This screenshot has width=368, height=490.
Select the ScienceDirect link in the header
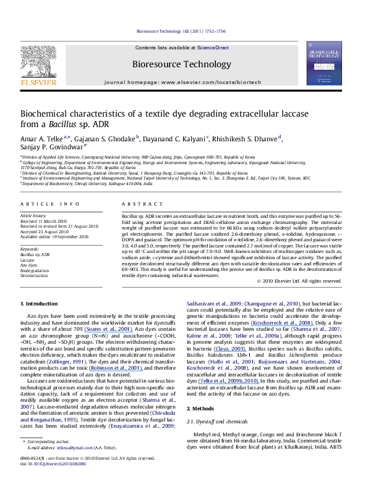[214, 48]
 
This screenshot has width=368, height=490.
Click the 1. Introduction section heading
[42, 304]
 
